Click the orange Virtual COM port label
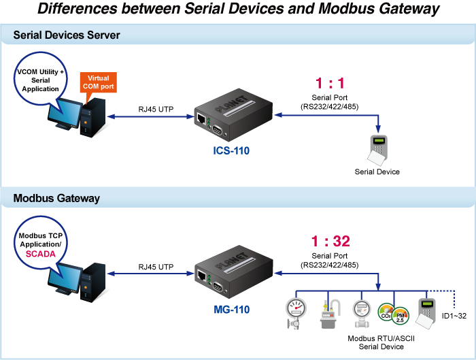click(98, 83)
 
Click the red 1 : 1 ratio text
click(330, 84)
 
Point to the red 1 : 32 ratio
click(330, 242)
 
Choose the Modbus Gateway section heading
click(56, 198)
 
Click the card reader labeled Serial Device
click(378, 150)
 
